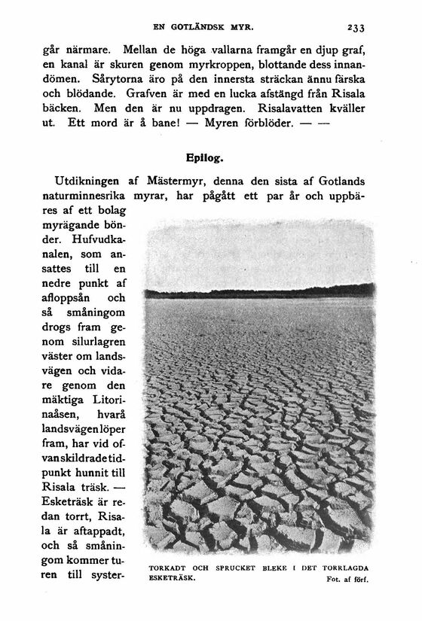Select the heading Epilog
(205, 160)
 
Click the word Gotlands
(343, 181)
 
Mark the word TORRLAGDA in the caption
(344, 568)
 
